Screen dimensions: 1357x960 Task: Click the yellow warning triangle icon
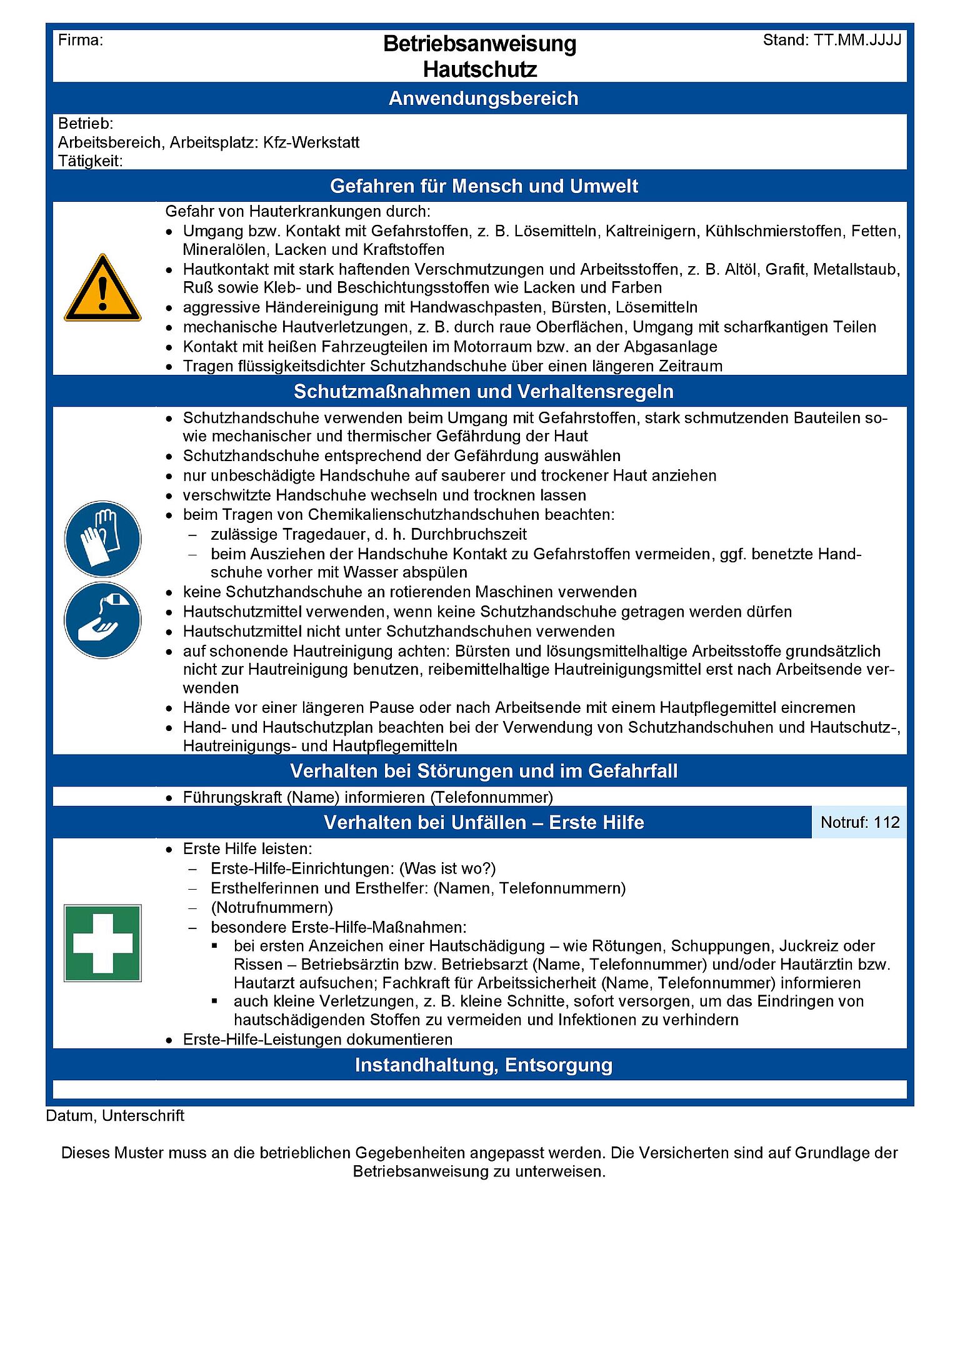pyautogui.click(x=102, y=289)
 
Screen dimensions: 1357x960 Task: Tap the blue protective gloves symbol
pyautogui.click(x=102, y=539)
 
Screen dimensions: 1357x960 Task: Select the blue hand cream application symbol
pyautogui.click(x=102, y=620)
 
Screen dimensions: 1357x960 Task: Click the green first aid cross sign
pyautogui.click(x=102, y=943)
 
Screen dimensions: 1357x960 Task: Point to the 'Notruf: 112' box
pyautogui.click(x=859, y=822)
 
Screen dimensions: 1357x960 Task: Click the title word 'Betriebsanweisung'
pyautogui.click(x=479, y=44)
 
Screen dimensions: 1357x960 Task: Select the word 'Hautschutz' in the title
pyautogui.click(x=479, y=69)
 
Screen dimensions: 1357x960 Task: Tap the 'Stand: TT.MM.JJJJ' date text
pyautogui.click(x=832, y=41)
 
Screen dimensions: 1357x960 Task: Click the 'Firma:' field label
pyautogui.click(x=81, y=41)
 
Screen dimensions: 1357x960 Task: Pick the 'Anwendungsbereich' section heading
pyautogui.click(x=483, y=98)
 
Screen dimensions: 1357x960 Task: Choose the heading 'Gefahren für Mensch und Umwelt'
pyautogui.click(x=484, y=186)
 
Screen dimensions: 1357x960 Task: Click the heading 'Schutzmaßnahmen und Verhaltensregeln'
pyautogui.click(x=483, y=392)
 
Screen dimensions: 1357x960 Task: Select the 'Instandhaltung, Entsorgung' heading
pyautogui.click(x=483, y=1065)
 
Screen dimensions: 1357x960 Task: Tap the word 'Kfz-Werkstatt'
pyautogui.click(x=311, y=142)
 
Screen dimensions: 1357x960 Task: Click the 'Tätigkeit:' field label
pyautogui.click(x=90, y=161)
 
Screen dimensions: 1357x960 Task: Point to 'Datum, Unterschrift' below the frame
pyautogui.click(x=115, y=1116)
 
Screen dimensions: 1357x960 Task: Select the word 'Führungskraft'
pyautogui.click(x=232, y=797)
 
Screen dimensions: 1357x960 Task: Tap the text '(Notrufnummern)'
pyautogui.click(x=272, y=907)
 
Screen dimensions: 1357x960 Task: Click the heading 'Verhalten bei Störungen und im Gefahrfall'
pyautogui.click(x=483, y=771)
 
